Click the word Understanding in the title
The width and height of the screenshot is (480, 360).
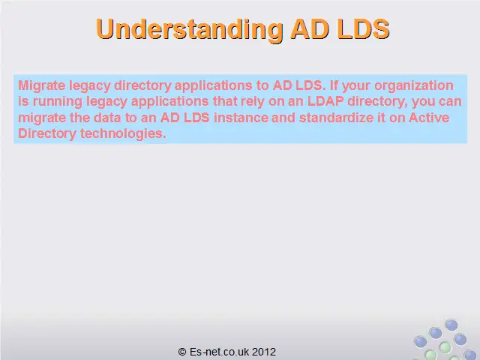click(x=190, y=30)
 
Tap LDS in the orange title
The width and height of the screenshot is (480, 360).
click(x=363, y=28)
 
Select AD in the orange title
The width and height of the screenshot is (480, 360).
click(x=309, y=29)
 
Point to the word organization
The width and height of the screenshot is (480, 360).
click(x=413, y=86)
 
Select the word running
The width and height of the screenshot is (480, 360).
click(x=58, y=102)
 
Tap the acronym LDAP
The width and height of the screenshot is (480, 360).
click(x=325, y=101)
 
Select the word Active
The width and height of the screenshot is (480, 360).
click(x=429, y=118)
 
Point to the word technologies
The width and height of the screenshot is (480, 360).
click(x=123, y=133)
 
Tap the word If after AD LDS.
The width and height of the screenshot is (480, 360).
click(x=334, y=85)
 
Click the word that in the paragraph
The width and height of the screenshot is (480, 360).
click(x=225, y=101)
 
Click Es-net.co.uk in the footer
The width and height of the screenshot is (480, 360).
click(x=219, y=352)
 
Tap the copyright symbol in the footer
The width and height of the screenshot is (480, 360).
click(x=182, y=352)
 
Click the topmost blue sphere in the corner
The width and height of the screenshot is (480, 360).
click(x=451, y=325)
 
